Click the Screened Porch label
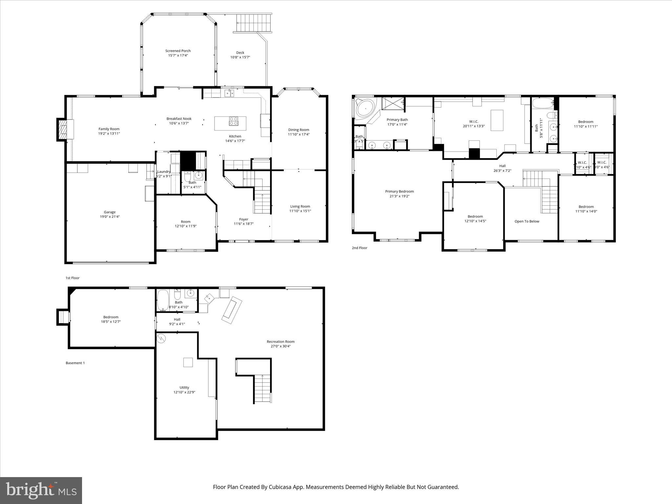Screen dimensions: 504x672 [x=178, y=51]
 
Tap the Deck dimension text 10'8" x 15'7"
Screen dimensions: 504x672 [x=240, y=57]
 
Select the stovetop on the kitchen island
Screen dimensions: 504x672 [x=233, y=121]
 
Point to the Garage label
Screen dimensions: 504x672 [x=110, y=212]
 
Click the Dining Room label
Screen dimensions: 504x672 [x=299, y=130]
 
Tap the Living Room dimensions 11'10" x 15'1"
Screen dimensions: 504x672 [x=300, y=211]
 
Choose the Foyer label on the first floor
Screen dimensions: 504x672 [x=243, y=219]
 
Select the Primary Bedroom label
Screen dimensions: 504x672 [x=399, y=191]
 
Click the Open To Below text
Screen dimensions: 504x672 [x=527, y=221]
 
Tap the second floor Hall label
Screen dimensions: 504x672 [x=502, y=166]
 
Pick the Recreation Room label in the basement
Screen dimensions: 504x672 [x=281, y=342]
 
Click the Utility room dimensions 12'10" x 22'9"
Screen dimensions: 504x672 [x=184, y=392]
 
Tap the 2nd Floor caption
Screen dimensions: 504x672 [x=359, y=248]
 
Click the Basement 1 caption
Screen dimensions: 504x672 [x=75, y=363]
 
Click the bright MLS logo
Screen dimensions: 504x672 [x=41, y=490]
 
